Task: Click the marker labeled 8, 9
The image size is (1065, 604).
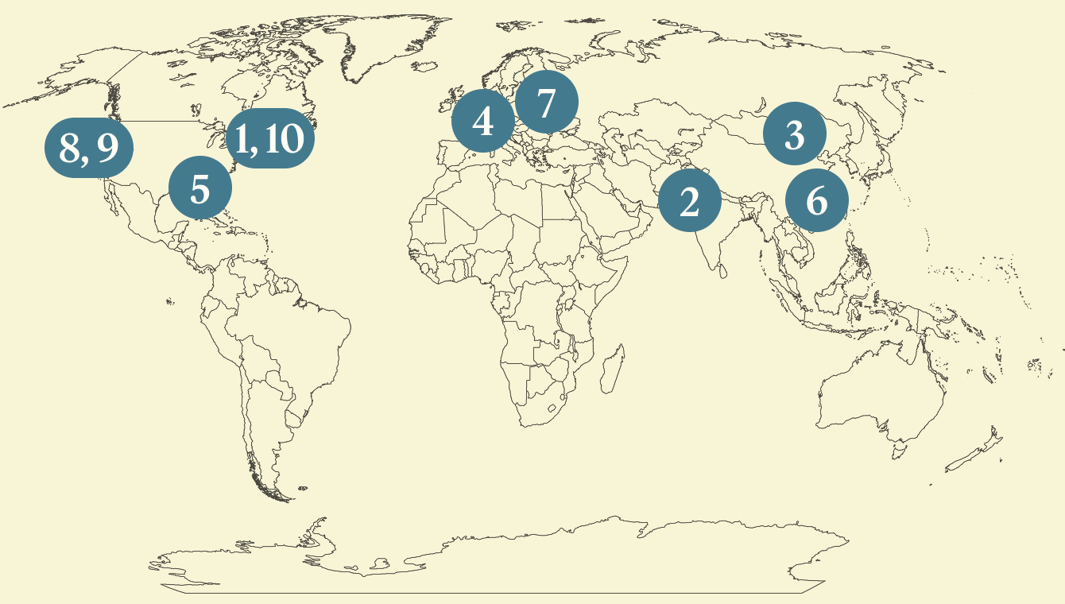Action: (x=87, y=147)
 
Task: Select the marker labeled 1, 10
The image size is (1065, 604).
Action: (x=270, y=138)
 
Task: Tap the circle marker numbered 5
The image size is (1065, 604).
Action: (x=200, y=189)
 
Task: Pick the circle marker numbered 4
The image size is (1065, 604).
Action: (x=482, y=121)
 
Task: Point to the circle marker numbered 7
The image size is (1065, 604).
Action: (x=546, y=103)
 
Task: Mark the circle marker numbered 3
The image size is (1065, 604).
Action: (x=794, y=134)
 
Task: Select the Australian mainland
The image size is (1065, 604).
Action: (x=882, y=397)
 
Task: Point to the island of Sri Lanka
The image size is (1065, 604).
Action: (x=722, y=271)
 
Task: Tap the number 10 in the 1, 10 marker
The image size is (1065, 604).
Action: (x=284, y=138)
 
